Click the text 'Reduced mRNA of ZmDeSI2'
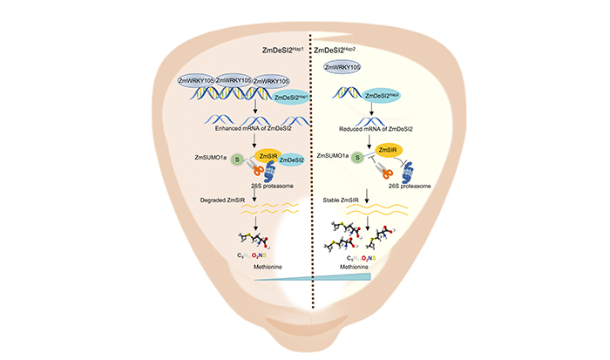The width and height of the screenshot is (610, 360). [x=372, y=128]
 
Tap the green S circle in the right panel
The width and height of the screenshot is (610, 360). [x=356, y=158]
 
